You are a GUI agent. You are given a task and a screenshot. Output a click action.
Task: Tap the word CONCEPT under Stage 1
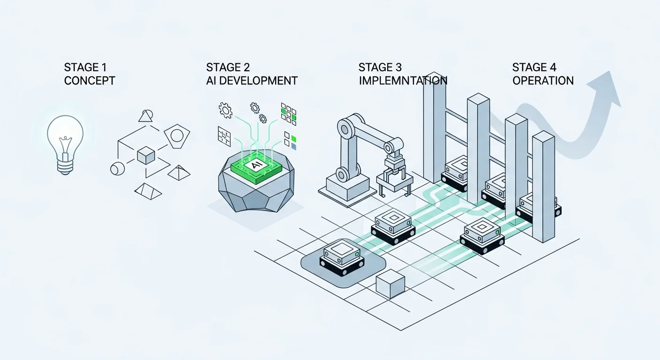pyautogui.click(x=90, y=81)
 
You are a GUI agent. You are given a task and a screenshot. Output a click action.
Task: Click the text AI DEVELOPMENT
pyautogui.click(x=252, y=81)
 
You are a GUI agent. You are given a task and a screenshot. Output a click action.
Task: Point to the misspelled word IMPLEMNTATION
pyautogui.click(x=403, y=81)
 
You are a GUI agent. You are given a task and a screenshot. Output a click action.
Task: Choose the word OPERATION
pyautogui.click(x=543, y=81)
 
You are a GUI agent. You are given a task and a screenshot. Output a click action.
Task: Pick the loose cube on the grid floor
pyautogui.click(x=390, y=284)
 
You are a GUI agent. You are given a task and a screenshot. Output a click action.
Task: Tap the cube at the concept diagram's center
pyautogui.click(x=146, y=155)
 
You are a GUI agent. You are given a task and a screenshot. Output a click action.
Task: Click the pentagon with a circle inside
pyautogui.click(x=177, y=136)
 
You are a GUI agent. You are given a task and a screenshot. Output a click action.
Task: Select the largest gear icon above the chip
pyautogui.click(x=225, y=110)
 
